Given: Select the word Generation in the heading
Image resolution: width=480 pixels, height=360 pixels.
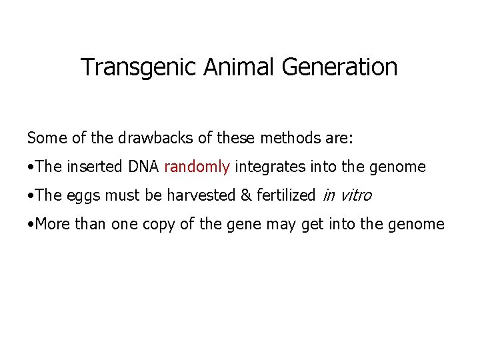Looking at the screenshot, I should coord(340,67).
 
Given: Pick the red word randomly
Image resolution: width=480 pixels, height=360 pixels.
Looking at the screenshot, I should coord(197,167).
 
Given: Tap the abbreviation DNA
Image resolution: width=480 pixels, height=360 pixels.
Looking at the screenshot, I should coord(143,167).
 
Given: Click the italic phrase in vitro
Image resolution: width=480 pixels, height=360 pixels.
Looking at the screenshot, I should coord(347,195).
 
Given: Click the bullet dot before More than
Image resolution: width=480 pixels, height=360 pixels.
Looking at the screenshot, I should coord(31,225).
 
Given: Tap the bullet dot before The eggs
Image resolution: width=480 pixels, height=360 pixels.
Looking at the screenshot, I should coord(31,196).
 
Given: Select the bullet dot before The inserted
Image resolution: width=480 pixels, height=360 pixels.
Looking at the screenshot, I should coord(31,167).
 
